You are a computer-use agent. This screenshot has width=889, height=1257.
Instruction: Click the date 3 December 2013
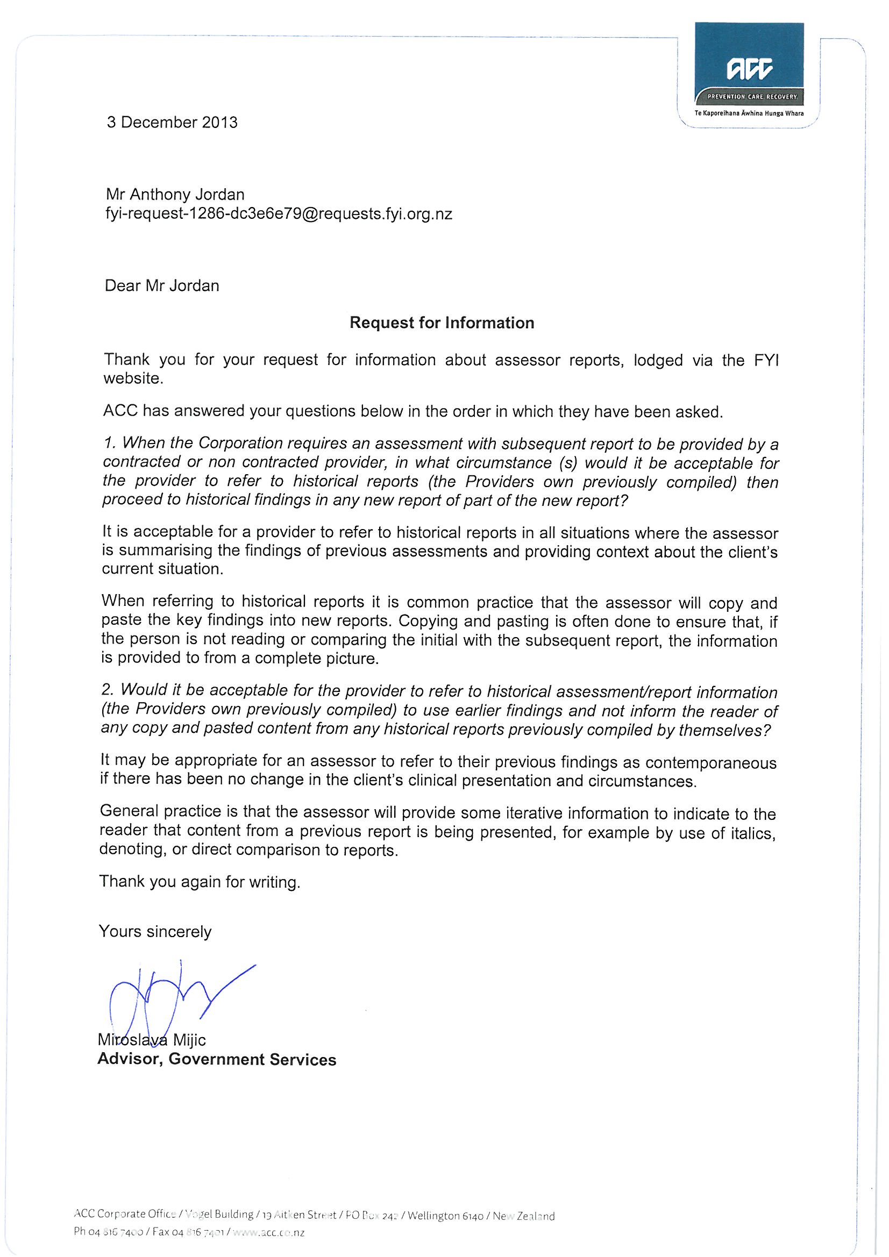click(x=172, y=122)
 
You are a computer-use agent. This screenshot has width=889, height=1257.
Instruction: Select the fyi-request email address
click(x=278, y=213)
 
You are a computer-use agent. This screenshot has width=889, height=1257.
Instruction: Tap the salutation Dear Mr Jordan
click(x=162, y=286)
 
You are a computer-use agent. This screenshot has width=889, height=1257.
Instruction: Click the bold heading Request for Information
click(x=442, y=323)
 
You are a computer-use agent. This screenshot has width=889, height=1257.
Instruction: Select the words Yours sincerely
click(x=155, y=931)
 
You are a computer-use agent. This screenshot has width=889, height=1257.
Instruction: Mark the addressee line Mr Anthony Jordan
click(x=175, y=194)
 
